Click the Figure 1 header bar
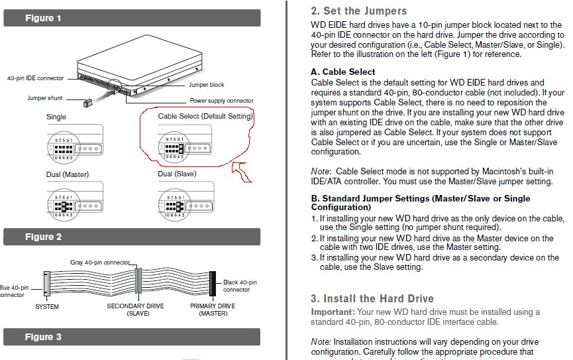tap(132, 18)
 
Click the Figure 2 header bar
tap(132, 237)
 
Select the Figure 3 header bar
tap(132, 337)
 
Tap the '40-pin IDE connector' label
tap(36, 78)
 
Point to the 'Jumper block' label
tap(207, 85)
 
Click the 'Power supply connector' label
tap(221, 101)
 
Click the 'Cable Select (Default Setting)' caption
tap(205, 117)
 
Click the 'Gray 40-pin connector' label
tap(100, 262)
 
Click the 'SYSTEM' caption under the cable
tap(47, 306)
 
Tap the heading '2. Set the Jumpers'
tap(358, 11)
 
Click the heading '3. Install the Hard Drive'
tap(372, 298)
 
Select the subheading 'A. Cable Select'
tap(343, 72)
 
